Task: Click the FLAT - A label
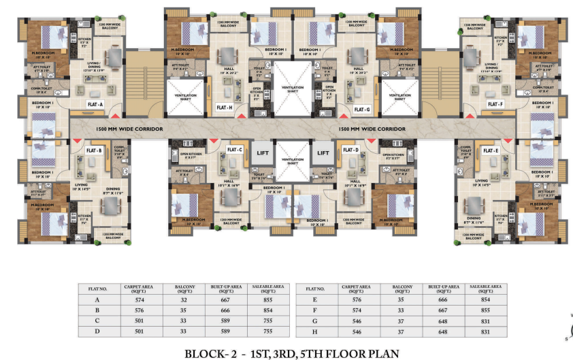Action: coord(95,104)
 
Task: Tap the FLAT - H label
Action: coord(225,108)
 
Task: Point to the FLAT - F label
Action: coord(495,104)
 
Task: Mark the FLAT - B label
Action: coord(94,150)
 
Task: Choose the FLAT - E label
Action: coord(490,150)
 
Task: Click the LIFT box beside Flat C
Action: coord(261,153)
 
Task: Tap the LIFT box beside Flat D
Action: coord(324,153)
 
